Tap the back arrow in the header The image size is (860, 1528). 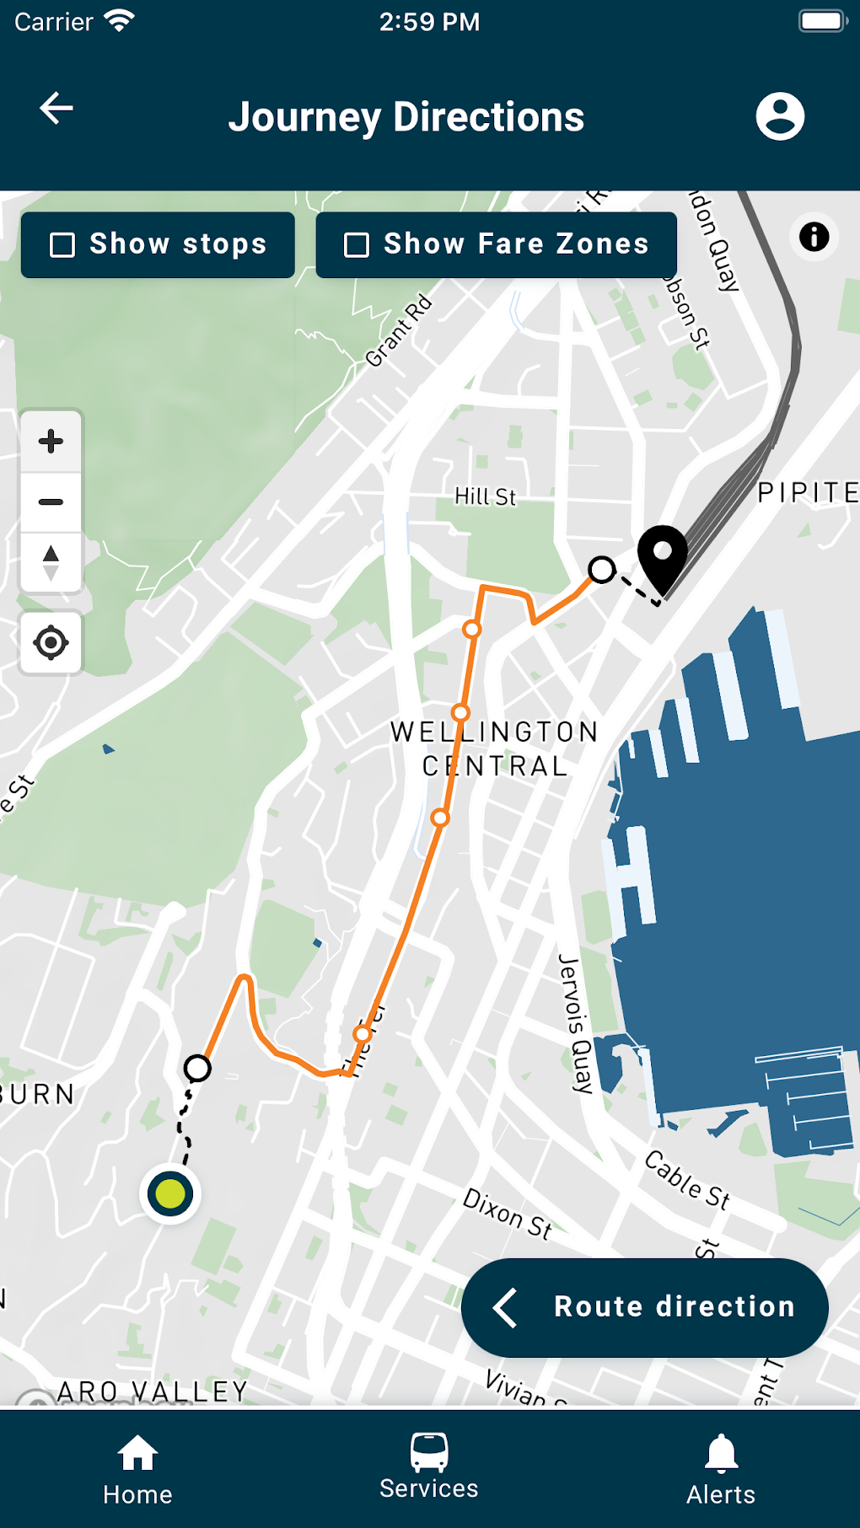pyautogui.click(x=56, y=108)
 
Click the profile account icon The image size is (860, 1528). pyautogui.click(x=780, y=116)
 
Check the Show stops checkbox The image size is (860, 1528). pyautogui.click(x=62, y=245)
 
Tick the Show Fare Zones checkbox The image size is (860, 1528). pyautogui.click(x=357, y=245)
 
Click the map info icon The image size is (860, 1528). pyautogui.click(x=814, y=237)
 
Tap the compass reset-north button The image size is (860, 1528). pyautogui.click(x=51, y=563)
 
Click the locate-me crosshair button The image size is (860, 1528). pyautogui.click(x=51, y=643)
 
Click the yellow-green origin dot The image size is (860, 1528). pyautogui.click(x=170, y=1193)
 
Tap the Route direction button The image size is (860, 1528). pyautogui.click(x=645, y=1307)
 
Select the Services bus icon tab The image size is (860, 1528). pyautogui.click(x=429, y=1466)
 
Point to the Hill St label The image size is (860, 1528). pyautogui.click(x=485, y=496)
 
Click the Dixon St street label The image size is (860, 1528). pyautogui.click(x=508, y=1214)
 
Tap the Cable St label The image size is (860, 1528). pyautogui.click(x=687, y=1179)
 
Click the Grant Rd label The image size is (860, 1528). pyautogui.click(x=399, y=330)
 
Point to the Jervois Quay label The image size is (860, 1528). pyautogui.click(x=576, y=1023)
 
